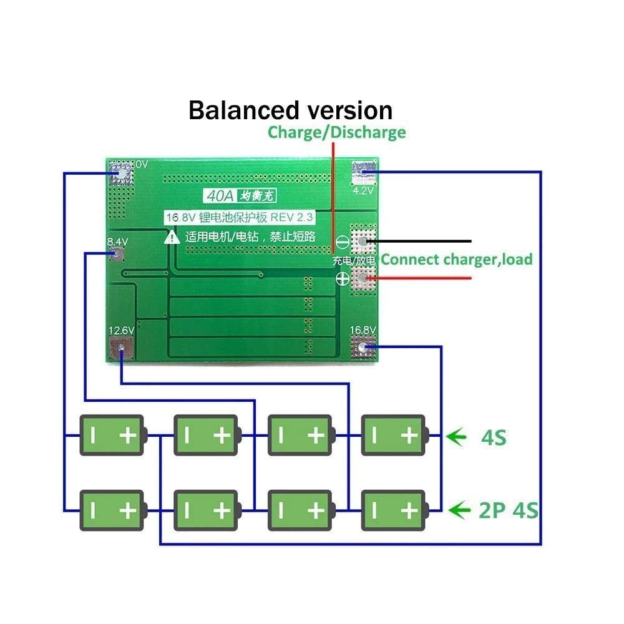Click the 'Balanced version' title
click(291, 110)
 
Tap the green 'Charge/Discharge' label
click(337, 132)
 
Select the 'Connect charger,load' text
click(457, 260)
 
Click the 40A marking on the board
click(221, 196)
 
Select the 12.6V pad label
click(121, 331)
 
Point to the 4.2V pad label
click(363, 191)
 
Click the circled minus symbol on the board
click(343, 241)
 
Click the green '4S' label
click(494, 438)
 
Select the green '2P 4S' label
click(508, 512)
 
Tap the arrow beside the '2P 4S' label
click(460, 511)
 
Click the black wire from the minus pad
click(424, 241)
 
